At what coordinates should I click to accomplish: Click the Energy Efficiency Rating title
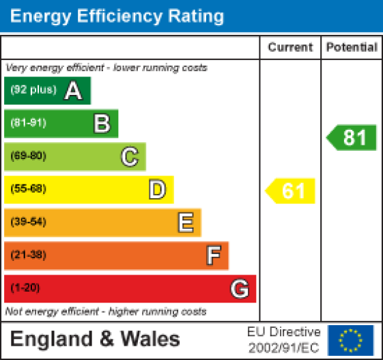[117, 16]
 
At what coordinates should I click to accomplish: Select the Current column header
[290, 47]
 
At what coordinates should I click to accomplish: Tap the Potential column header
[352, 47]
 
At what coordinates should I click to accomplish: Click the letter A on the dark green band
[73, 91]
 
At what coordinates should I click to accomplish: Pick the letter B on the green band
[102, 124]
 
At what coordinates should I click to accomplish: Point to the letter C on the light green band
[130, 156]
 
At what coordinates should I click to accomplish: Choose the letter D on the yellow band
[158, 189]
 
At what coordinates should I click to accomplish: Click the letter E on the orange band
[185, 222]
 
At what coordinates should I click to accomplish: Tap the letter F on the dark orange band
[213, 255]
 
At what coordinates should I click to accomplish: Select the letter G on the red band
[240, 289]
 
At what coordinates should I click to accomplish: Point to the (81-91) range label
[28, 124]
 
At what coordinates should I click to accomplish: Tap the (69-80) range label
[28, 156]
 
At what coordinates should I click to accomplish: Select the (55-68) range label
[28, 189]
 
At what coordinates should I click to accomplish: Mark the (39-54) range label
[28, 222]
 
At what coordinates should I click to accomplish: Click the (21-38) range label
[28, 255]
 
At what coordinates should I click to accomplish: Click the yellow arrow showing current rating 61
[292, 191]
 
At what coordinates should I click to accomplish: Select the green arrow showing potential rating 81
[352, 138]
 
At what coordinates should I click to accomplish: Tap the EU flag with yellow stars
[351, 340]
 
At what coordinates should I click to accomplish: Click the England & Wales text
[95, 340]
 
